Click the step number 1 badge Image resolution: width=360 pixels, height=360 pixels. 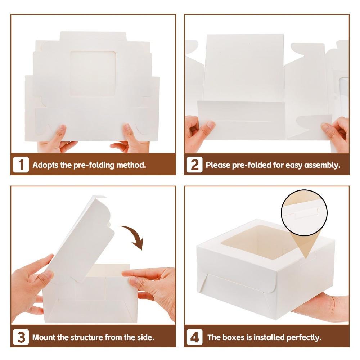pyautogui.click(x=21, y=165)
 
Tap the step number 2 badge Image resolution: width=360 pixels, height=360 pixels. pyautogui.click(x=194, y=165)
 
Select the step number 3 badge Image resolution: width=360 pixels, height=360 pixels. pyautogui.click(x=21, y=337)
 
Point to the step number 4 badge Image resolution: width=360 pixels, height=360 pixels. pyautogui.click(x=194, y=337)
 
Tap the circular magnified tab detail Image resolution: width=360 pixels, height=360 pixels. pyautogui.click(x=304, y=213)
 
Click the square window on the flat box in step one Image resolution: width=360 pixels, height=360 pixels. pyautogui.click(x=93, y=74)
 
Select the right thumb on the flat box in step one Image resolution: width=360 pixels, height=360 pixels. pyautogui.click(x=129, y=133)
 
